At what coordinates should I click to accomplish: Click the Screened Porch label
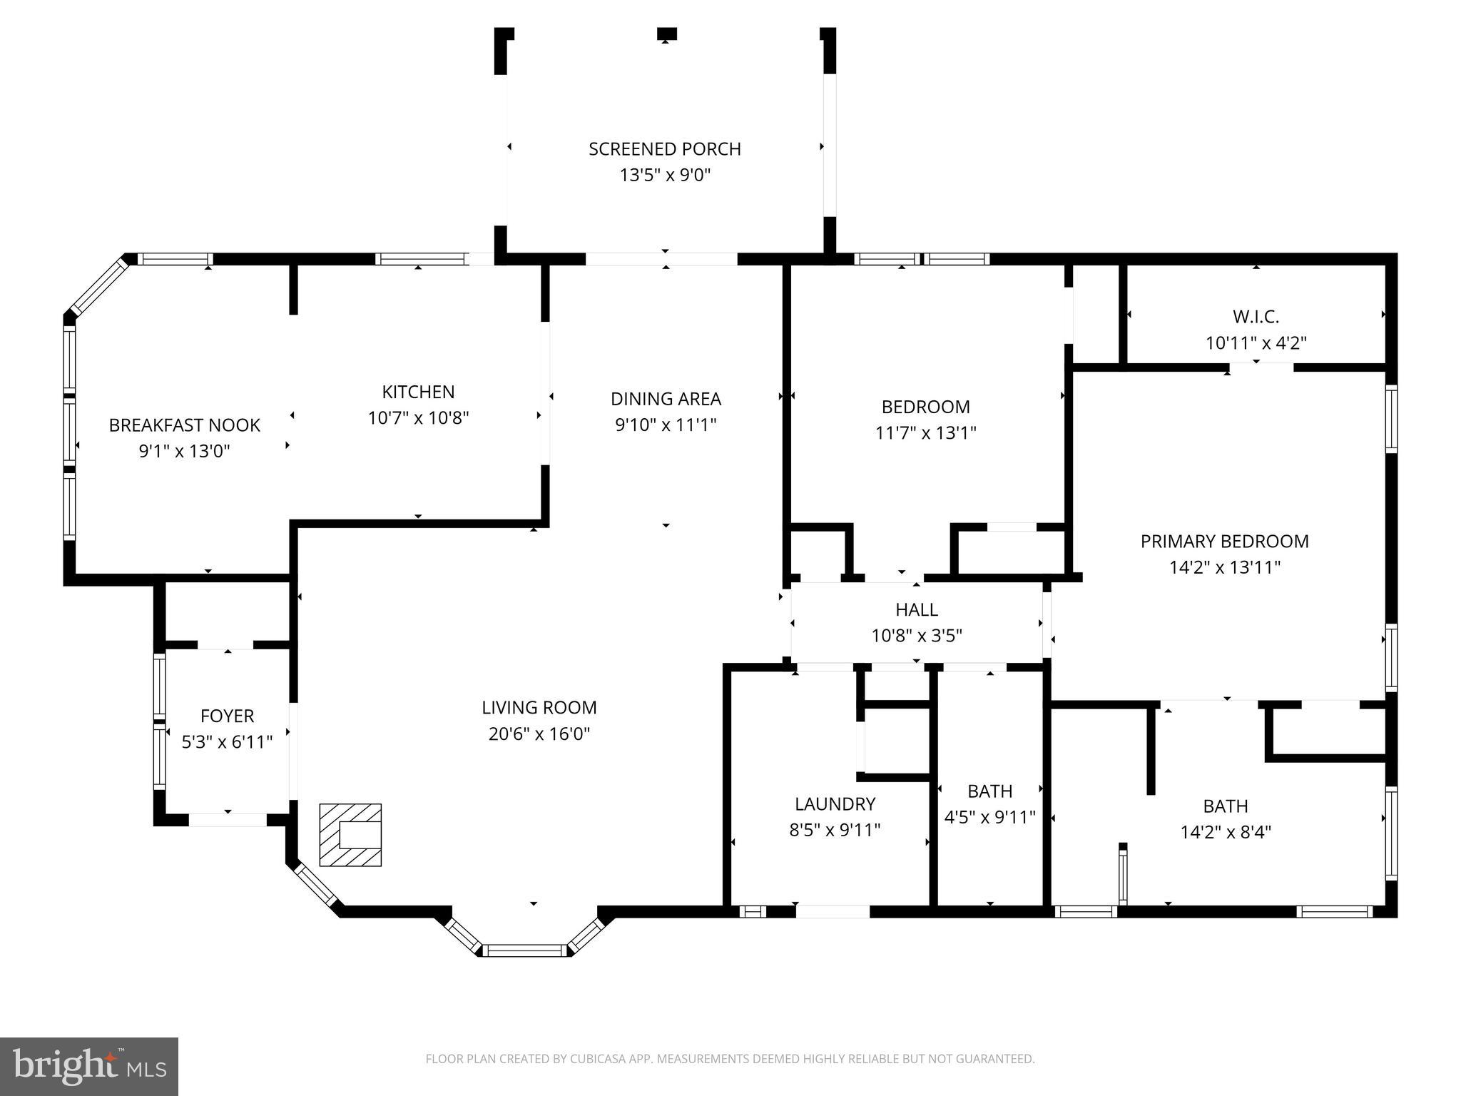664,149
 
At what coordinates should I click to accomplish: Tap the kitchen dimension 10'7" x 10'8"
418,418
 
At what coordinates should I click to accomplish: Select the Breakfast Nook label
184,425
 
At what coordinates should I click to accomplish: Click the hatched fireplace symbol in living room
350,835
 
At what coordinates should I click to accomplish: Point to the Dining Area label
666,399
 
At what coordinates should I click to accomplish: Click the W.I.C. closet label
1256,317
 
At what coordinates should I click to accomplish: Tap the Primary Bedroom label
1224,542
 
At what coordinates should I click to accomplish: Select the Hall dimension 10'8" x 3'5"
917,636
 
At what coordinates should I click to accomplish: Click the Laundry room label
835,804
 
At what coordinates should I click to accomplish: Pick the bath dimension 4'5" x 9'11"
989,817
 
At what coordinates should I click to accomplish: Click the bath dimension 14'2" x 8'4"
1226,832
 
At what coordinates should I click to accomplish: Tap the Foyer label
227,716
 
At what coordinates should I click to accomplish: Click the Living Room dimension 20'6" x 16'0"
539,734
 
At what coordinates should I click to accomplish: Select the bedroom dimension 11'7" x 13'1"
925,433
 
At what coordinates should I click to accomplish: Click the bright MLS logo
88,1066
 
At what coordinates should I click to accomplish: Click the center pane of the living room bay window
525,950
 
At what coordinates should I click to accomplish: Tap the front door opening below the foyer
228,820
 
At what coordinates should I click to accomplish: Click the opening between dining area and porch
661,259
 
